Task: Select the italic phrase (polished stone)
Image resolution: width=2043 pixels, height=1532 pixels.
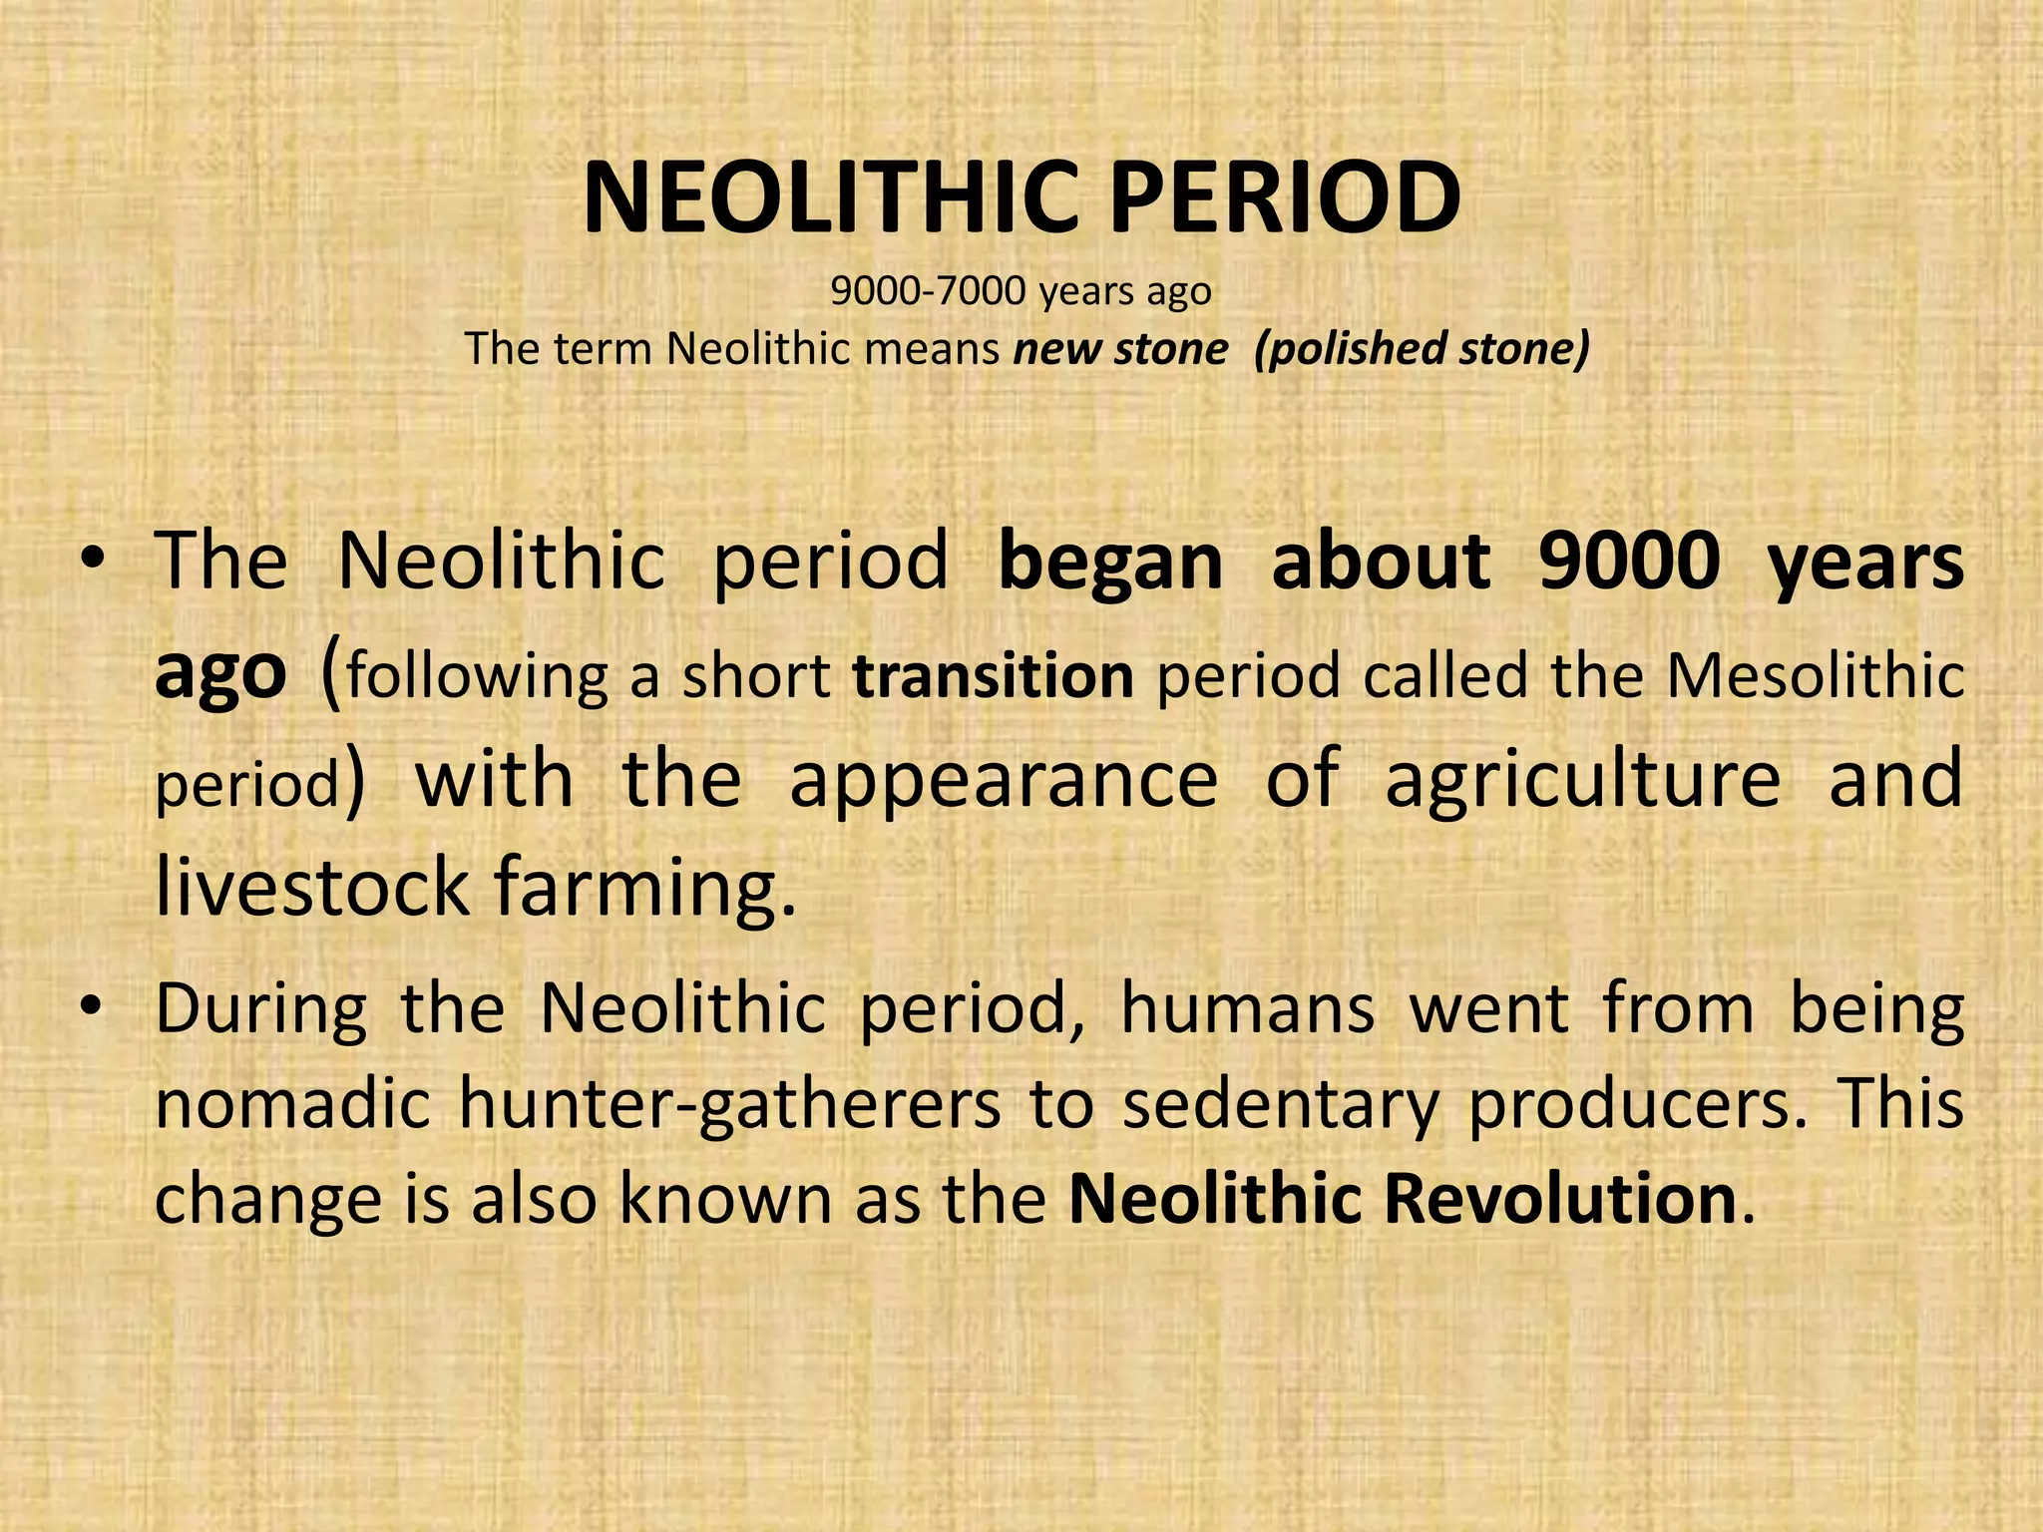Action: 1421,349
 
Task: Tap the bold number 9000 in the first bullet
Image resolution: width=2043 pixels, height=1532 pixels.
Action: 1629,562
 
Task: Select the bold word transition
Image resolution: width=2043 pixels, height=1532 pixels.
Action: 993,675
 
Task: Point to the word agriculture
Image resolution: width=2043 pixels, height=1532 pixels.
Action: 1582,781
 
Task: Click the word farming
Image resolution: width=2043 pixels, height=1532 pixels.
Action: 645,891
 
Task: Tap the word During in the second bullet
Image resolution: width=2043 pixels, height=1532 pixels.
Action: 261,1010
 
